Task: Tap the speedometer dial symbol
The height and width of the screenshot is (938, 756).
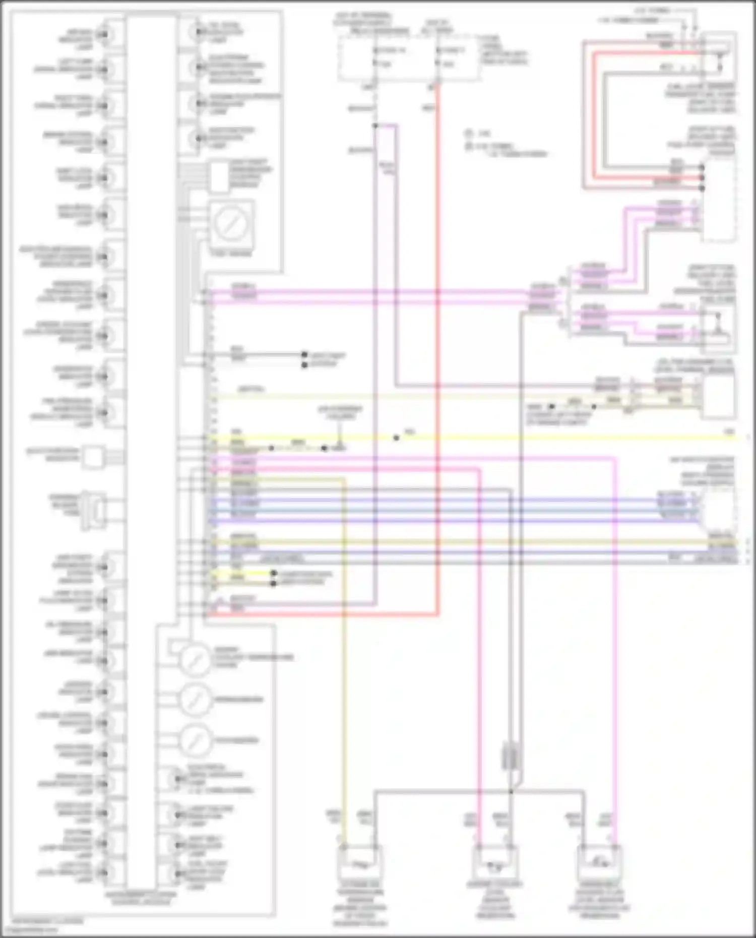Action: (196, 700)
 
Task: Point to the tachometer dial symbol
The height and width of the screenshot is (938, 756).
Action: (196, 740)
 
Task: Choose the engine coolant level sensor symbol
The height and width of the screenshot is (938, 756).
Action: (494, 865)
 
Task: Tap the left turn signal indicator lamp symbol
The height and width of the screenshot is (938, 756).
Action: (104, 70)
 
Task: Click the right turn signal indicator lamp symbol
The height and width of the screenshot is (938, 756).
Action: (104, 106)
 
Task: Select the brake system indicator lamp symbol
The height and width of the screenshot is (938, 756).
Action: (104, 143)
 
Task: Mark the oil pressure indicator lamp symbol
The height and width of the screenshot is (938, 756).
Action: (104, 632)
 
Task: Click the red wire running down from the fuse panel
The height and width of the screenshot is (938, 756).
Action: (437, 353)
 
